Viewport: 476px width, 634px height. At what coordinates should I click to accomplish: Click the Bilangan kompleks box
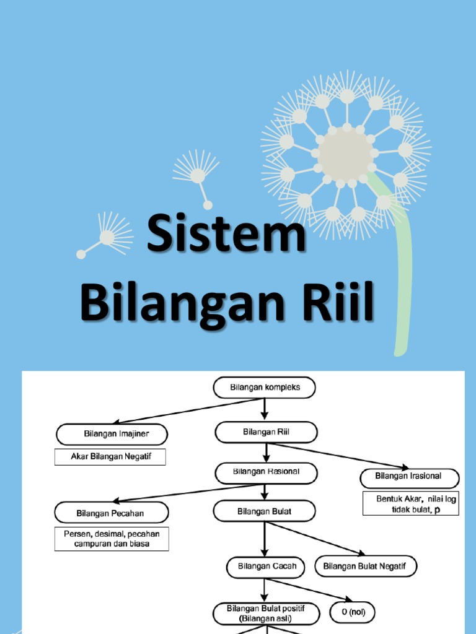pyautogui.click(x=265, y=388)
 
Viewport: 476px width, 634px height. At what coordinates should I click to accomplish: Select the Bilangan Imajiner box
pyautogui.click(x=112, y=434)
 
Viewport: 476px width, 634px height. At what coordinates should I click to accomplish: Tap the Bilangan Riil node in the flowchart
pyautogui.click(x=266, y=432)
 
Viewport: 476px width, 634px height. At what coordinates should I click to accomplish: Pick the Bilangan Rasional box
pyautogui.click(x=266, y=472)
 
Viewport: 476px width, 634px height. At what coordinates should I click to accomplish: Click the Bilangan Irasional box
pyautogui.click(x=409, y=477)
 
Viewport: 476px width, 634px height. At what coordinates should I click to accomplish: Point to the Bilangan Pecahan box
pyautogui.click(x=112, y=513)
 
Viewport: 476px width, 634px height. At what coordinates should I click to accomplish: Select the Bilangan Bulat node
pyautogui.click(x=265, y=512)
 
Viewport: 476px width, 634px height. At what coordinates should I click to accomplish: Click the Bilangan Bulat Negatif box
pyautogui.click(x=366, y=567)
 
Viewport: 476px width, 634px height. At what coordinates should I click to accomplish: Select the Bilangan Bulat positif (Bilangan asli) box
pyautogui.click(x=267, y=614)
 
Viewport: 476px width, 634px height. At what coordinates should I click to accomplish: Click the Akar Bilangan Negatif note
pyautogui.click(x=111, y=458)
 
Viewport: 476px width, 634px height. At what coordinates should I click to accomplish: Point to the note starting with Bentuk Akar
pyautogui.click(x=410, y=503)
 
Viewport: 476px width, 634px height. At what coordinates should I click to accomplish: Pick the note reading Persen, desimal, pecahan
pyautogui.click(x=112, y=539)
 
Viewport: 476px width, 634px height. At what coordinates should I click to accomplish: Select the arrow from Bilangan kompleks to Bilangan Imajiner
pyautogui.click(x=186, y=411)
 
